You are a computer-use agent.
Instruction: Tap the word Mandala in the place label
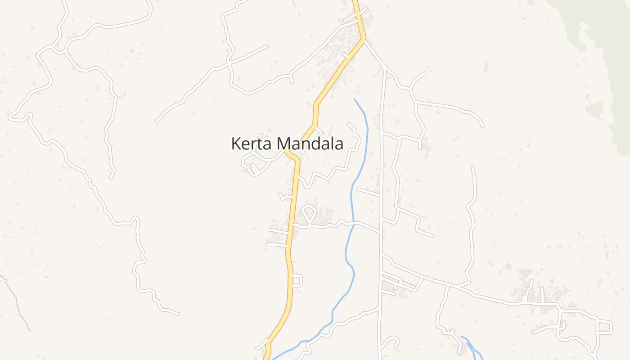[x=310, y=144]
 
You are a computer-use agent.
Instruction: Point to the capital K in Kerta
[x=235, y=144]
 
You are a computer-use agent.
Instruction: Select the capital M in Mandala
[x=283, y=144]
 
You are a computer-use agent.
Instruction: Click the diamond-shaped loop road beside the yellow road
[x=309, y=213]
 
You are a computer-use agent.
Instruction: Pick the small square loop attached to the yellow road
[x=297, y=280]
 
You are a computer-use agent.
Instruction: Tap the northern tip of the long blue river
[x=355, y=99]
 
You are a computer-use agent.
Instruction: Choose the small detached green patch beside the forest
[x=594, y=109]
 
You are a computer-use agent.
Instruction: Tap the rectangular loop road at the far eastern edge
[x=605, y=327]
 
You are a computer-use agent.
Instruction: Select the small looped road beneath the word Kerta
[x=252, y=164]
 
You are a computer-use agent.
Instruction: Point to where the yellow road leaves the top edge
[x=355, y=2]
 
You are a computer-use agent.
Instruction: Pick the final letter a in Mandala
[x=338, y=144]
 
